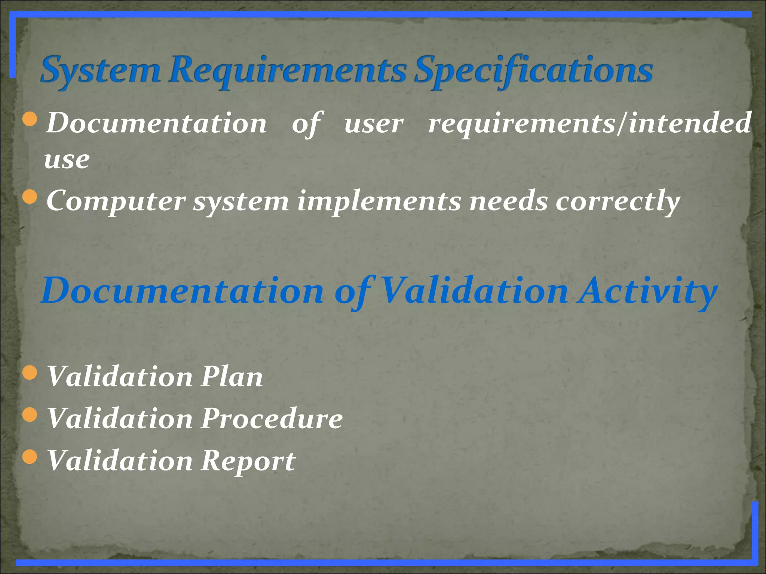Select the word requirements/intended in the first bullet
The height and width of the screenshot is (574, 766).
(x=589, y=123)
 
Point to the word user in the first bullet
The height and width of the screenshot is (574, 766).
(x=374, y=124)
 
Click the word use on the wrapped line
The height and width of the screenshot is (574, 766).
(x=67, y=160)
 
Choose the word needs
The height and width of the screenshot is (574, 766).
(x=508, y=201)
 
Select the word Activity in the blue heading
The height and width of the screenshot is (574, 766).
(x=647, y=291)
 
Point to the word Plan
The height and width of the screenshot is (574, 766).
(x=232, y=377)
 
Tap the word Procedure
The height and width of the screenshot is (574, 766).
(x=272, y=419)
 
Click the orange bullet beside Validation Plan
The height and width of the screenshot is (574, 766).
(x=30, y=373)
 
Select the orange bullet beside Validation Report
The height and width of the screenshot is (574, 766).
(x=30, y=456)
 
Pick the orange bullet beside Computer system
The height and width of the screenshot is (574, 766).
(x=30, y=197)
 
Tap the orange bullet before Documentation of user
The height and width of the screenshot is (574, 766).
(x=30, y=119)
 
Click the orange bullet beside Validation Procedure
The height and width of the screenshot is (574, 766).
(x=30, y=414)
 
